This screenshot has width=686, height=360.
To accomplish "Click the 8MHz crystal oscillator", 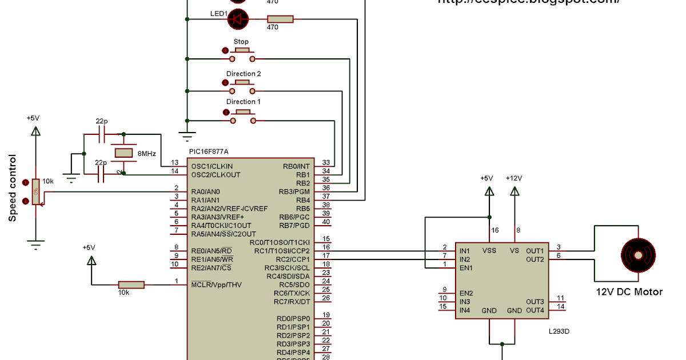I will point(123,153).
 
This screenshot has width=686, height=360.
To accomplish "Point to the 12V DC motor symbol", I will point(638,251).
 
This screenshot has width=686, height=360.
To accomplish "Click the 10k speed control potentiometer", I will point(35,191).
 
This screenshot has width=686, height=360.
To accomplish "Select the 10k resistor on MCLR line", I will point(131,285).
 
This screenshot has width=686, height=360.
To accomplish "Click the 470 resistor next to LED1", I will point(280,19).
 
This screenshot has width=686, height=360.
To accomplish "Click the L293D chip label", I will point(559,331).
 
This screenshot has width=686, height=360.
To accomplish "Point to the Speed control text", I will point(13,188).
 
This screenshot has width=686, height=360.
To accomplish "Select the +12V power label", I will point(514,178).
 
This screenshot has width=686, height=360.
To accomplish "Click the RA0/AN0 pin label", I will point(206,191).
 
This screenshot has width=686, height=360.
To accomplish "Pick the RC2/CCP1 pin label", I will point(289,259).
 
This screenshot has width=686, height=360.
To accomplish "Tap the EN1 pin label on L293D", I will point(465,267).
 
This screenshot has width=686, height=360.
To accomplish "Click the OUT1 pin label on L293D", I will point(535,251).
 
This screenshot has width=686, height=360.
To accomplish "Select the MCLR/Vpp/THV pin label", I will point(216,285).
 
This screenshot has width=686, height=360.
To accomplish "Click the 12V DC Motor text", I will point(629,292).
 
